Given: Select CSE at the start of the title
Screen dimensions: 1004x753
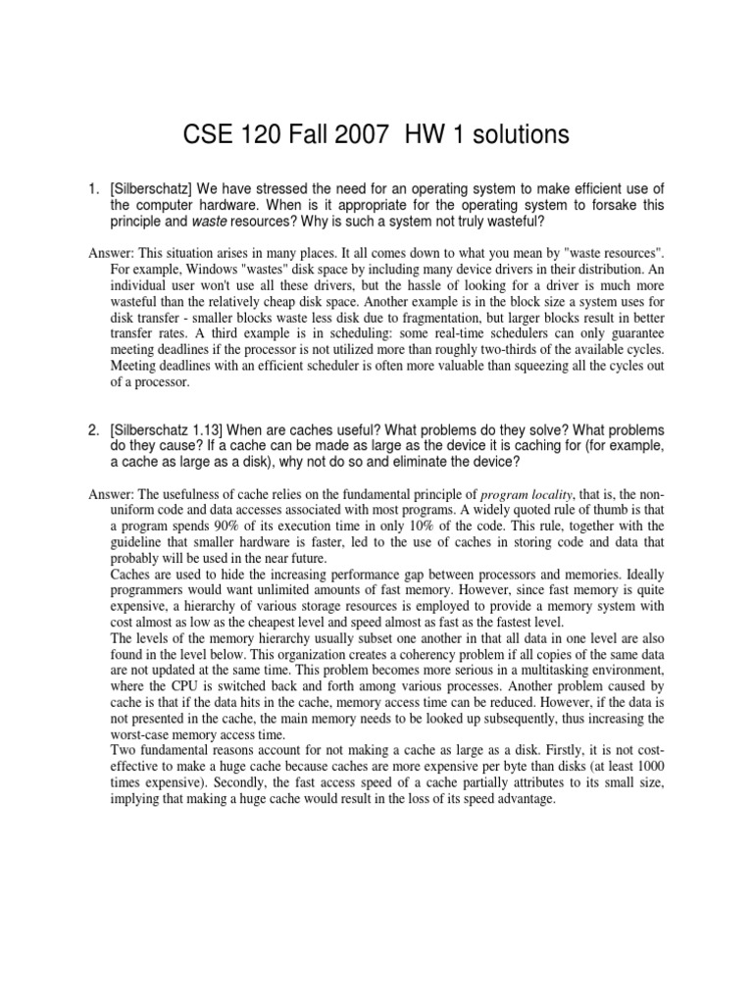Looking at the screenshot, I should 208,135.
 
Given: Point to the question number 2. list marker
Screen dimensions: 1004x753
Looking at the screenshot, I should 94,431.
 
